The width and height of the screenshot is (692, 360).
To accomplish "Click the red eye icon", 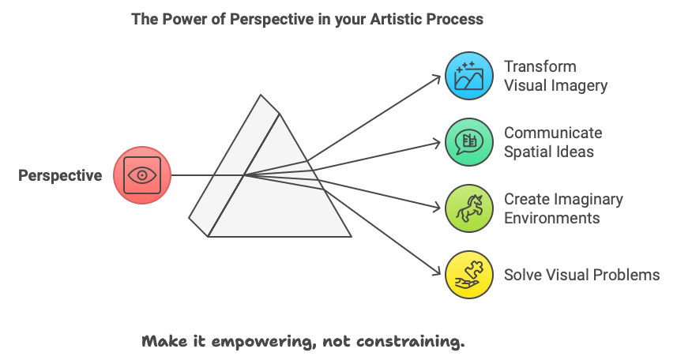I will (142, 175).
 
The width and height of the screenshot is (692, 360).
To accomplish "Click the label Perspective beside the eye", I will (60, 176).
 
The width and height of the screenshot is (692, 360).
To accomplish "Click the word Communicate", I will (553, 132).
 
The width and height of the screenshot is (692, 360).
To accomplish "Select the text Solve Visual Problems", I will (581, 275).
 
